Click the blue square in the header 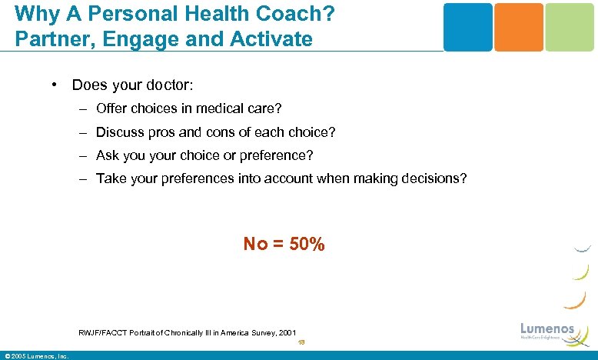(467, 27)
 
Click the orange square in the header (518, 27)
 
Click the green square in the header (570, 27)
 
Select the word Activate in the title (274, 38)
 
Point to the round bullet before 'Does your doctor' (56, 84)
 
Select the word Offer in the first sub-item (112, 108)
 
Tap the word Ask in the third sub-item (108, 155)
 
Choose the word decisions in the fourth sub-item (431, 178)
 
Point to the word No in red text (255, 245)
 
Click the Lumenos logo (547, 331)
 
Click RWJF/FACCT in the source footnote (101, 332)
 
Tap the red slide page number (301, 343)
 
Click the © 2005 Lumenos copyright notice (36, 355)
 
